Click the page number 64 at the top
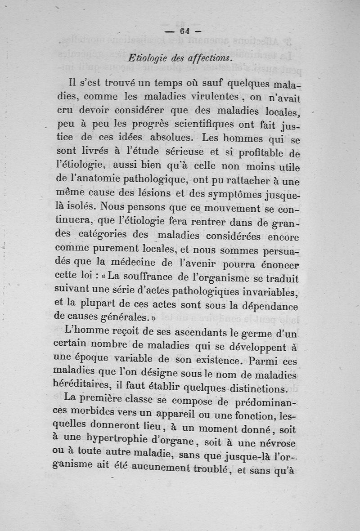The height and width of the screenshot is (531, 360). pyautogui.click(x=184, y=31)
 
